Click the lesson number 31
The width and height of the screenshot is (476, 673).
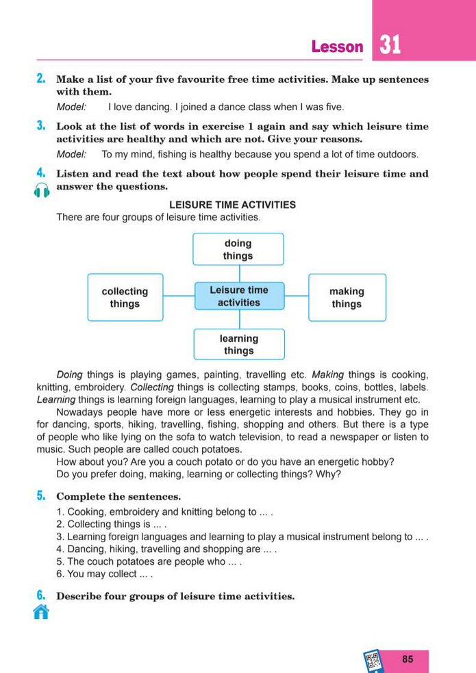[x=390, y=46]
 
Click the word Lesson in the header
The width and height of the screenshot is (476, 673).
[x=337, y=47]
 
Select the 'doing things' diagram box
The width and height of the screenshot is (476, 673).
[x=238, y=249]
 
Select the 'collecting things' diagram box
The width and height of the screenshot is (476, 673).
[x=125, y=297]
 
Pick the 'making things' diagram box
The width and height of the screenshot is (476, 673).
[x=347, y=297]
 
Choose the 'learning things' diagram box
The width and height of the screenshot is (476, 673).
[x=238, y=344]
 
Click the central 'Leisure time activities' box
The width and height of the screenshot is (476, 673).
[x=239, y=296]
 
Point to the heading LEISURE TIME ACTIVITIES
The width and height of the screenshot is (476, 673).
[x=232, y=205]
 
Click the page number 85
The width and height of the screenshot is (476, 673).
[x=408, y=659]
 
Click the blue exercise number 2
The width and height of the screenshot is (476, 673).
[x=40, y=79]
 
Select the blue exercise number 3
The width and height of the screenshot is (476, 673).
[x=40, y=126]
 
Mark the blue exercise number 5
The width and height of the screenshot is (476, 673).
[x=40, y=495]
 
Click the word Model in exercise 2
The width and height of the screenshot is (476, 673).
[x=71, y=107]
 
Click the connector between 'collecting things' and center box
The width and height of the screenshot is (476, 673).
[x=179, y=296]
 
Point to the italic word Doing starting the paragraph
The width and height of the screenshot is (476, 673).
[x=69, y=374]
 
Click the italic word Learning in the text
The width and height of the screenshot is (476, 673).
[x=56, y=400]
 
